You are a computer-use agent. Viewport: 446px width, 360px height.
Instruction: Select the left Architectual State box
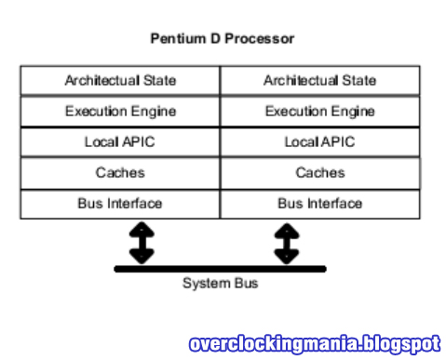coord(120,80)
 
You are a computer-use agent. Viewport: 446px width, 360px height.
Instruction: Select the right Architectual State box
coord(319,80)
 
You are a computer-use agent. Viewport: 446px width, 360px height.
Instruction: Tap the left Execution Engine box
coord(120,112)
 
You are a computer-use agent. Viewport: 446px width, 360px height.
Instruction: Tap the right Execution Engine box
coord(319,112)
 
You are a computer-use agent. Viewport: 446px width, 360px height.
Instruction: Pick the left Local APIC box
coord(120,142)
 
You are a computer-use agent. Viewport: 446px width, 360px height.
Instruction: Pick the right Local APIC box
coord(319,142)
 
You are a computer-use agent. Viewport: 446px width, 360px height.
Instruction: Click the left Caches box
coord(120,173)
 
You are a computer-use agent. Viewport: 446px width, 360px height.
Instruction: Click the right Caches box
coord(319,173)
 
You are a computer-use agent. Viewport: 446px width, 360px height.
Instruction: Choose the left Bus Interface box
coord(120,204)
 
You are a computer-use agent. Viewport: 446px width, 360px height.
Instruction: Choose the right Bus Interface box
coord(319,204)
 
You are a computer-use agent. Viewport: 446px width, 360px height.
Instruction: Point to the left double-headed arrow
coord(141,242)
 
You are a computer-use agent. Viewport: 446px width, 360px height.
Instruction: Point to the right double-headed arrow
coord(287,242)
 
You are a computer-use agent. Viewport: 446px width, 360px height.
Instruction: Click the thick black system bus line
coord(220,269)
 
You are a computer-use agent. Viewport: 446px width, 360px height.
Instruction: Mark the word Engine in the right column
coord(347,112)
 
